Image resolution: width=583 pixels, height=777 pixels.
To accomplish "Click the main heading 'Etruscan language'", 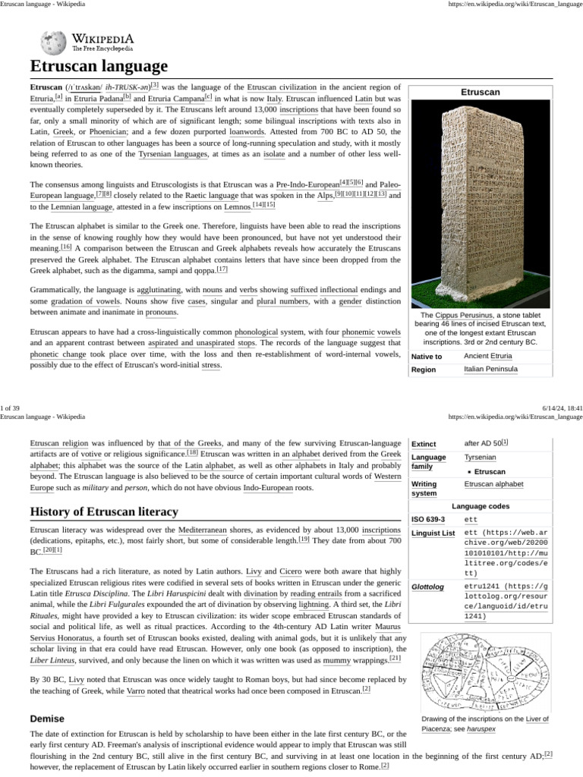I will [99, 65].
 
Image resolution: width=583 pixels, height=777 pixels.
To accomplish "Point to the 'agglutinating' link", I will [159, 291].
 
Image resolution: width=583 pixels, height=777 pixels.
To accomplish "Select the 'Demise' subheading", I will [47, 718].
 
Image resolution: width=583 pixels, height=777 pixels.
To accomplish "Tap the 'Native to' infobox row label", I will [427, 356].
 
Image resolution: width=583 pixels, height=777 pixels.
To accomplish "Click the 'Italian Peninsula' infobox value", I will [490, 370].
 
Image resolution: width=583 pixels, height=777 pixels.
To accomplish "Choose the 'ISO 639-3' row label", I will [428, 520].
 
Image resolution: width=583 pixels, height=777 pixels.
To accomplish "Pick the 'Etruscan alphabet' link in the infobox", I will [493, 483].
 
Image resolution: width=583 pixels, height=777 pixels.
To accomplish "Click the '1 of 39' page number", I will [14, 408].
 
